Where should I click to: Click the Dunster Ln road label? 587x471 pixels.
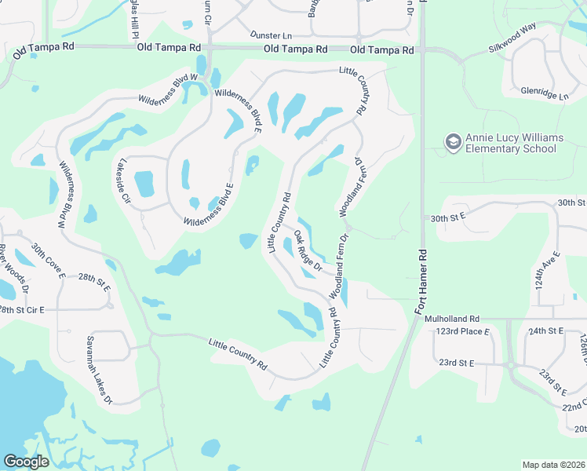(x=271, y=35)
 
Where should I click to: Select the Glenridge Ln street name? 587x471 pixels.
(x=543, y=92)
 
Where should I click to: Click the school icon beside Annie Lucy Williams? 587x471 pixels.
(x=453, y=141)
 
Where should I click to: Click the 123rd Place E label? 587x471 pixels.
(x=463, y=332)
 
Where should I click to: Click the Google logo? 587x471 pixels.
(x=26, y=461)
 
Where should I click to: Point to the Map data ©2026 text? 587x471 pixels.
(x=552, y=465)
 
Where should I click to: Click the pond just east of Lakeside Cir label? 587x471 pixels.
(x=144, y=184)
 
